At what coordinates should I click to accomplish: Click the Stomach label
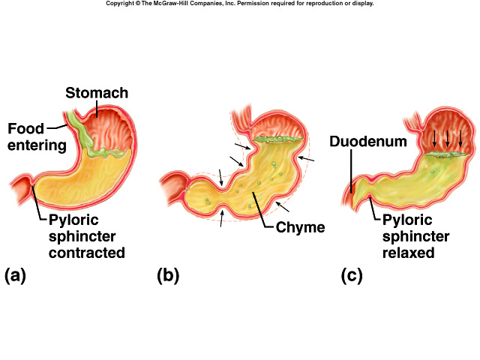97,94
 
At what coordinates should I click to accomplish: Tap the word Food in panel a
25,128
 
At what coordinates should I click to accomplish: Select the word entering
36,143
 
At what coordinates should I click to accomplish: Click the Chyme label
299,226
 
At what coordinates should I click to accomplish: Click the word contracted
85,253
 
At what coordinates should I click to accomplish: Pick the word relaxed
409,253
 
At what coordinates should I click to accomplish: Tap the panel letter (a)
15,275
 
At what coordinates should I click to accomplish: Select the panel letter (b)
168,275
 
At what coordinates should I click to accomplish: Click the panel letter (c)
352,275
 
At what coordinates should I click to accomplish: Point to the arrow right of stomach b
307,160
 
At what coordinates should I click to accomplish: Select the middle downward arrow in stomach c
448,137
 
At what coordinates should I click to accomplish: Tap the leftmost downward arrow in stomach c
434,137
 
